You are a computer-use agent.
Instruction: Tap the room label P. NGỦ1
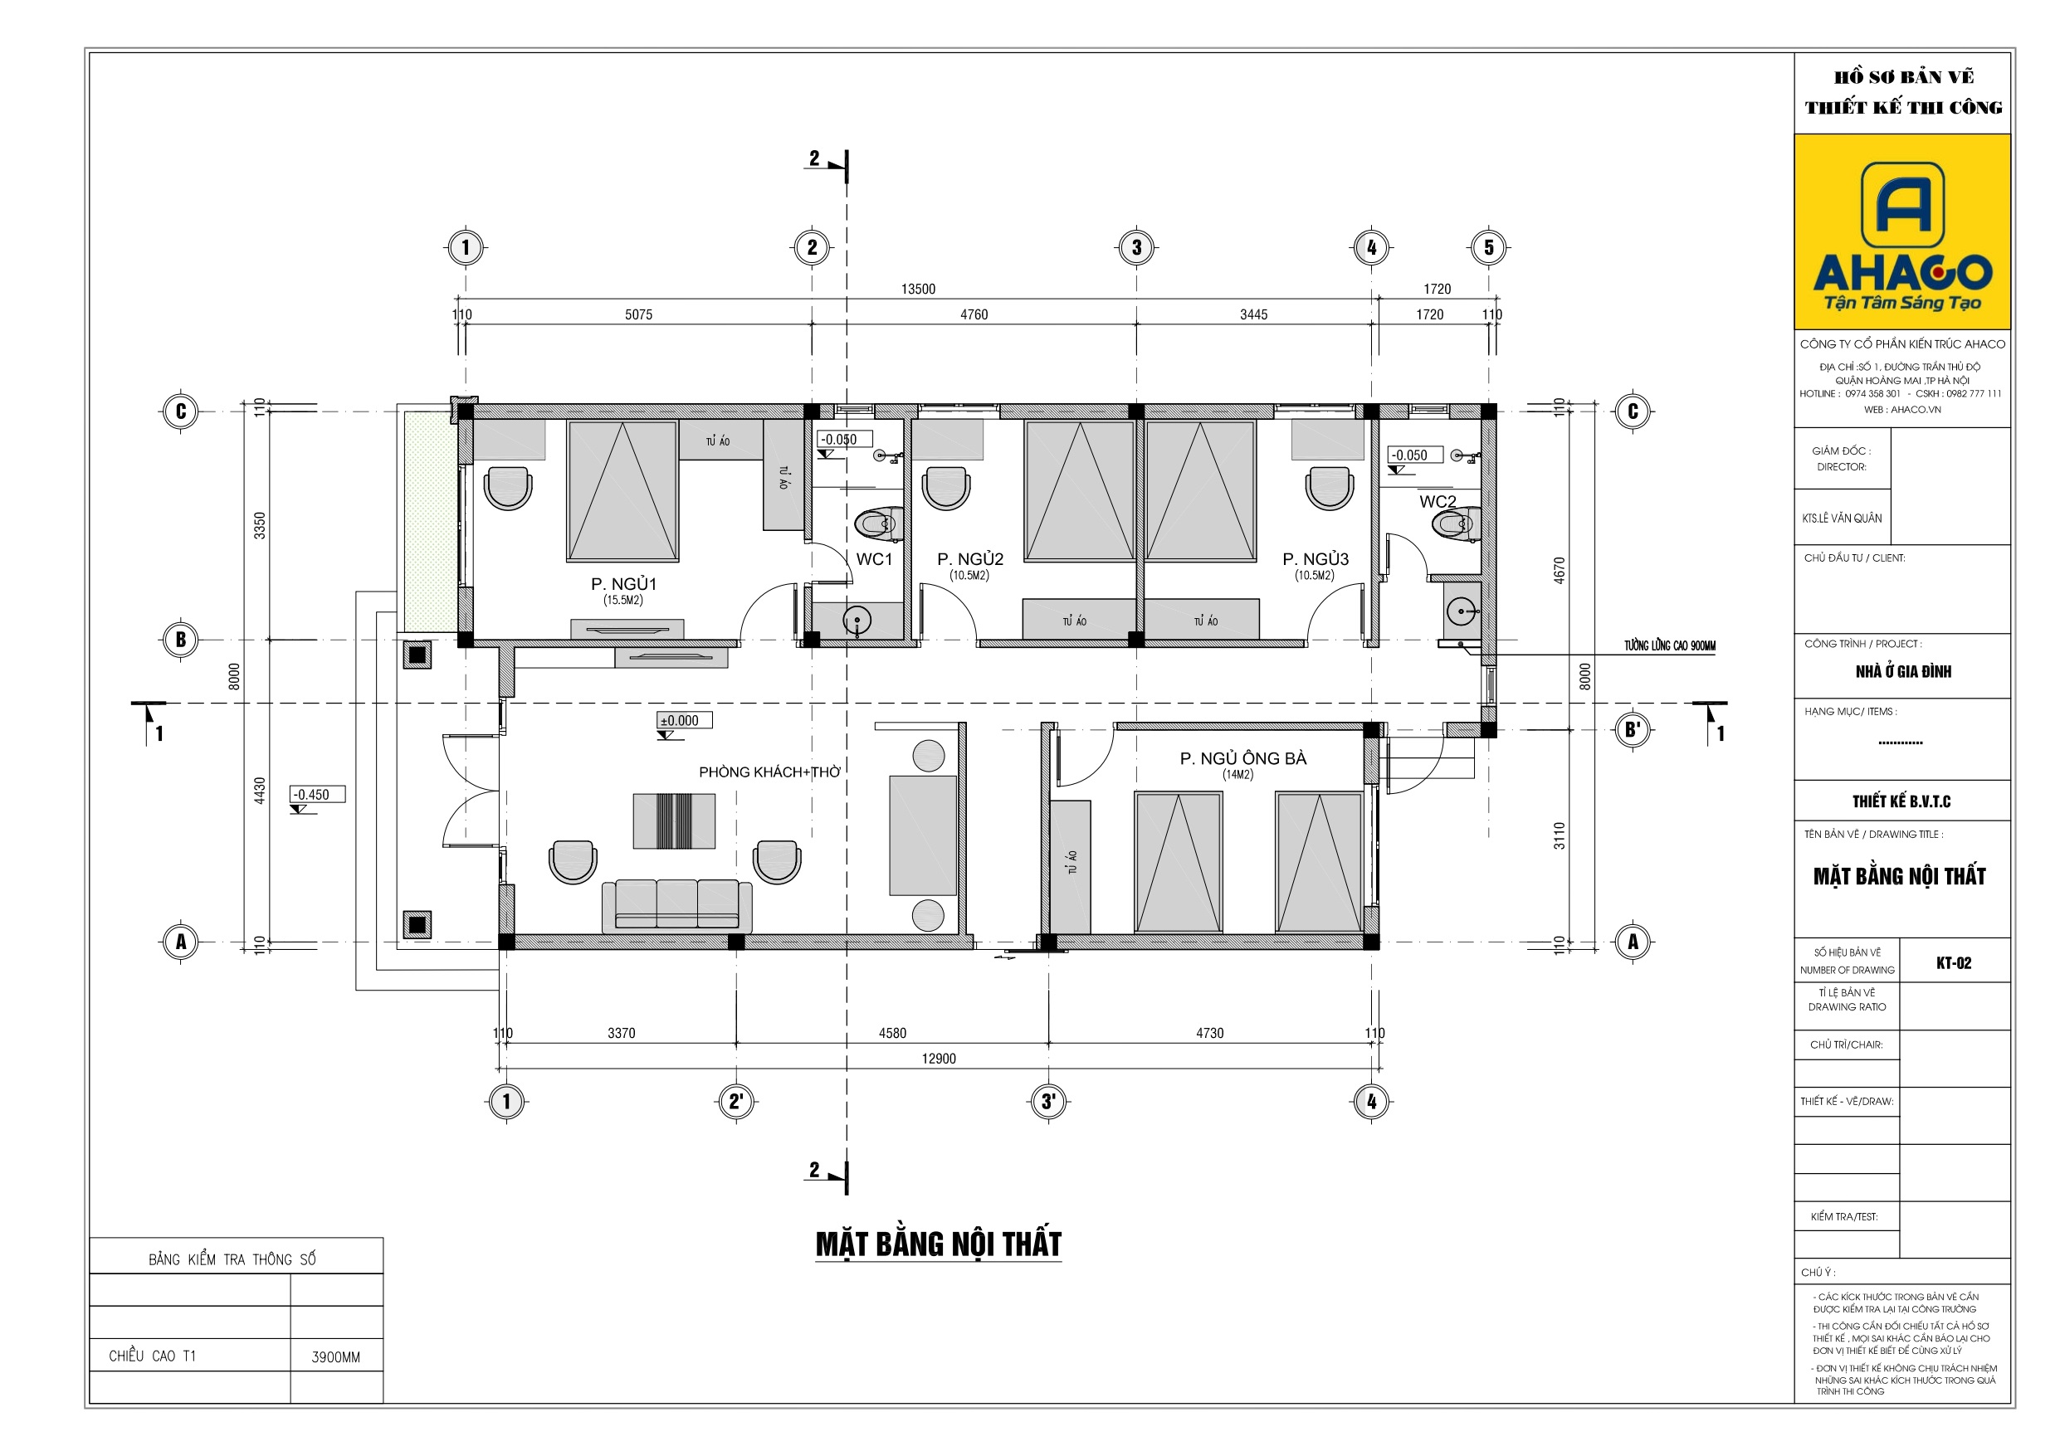tap(623, 584)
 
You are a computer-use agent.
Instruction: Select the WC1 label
tap(874, 559)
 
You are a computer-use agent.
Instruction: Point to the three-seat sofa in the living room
tap(676, 904)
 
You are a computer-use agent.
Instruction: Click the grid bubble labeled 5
tap(1488, 247)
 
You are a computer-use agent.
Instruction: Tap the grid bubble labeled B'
tap(1632, 729)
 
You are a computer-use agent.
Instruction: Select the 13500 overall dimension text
tap(918, 289)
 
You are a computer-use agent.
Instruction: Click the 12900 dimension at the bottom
tap(939, 1059)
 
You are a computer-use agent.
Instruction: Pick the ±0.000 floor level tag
tap(684, 720)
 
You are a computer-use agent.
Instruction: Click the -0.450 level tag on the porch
tap(316, 795)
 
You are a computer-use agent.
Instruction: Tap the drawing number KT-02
tap(1953, 962)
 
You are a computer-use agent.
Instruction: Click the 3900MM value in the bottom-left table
tap(335, 1356)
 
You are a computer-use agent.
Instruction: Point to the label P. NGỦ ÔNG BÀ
tap(1242, 759)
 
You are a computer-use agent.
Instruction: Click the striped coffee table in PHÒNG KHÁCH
tap(674, 821)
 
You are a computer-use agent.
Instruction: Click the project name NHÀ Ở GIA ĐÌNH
tap(1903, 671)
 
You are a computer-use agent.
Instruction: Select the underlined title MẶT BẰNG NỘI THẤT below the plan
tap(938, 1244)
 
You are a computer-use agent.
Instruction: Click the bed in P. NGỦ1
tap(622, 489)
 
